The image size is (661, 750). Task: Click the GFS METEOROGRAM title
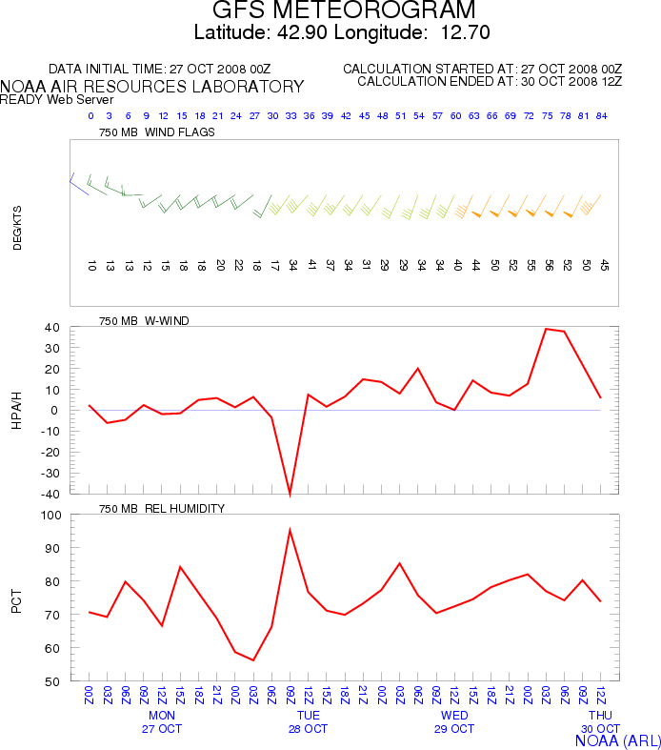pos(344,11)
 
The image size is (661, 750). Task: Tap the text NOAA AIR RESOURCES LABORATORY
pos(152,87)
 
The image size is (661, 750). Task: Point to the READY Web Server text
pos(57,100)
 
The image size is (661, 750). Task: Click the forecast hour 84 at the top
pos(602,116)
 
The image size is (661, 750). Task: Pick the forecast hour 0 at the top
pos(90,116)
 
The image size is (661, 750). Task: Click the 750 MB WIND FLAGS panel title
pos(157,132)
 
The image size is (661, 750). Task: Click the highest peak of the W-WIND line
pos(546,329)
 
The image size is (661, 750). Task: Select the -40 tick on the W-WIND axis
pos(53,494)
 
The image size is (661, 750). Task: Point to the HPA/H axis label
pos(17,410)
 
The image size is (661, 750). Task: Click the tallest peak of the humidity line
pos(290,530)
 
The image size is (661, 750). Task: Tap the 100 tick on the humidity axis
pos(52,516)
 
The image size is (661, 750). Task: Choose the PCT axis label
pos(17,598)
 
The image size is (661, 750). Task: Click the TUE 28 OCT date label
pos(308,721)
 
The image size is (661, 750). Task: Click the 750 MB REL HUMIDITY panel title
pos(162,509)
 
